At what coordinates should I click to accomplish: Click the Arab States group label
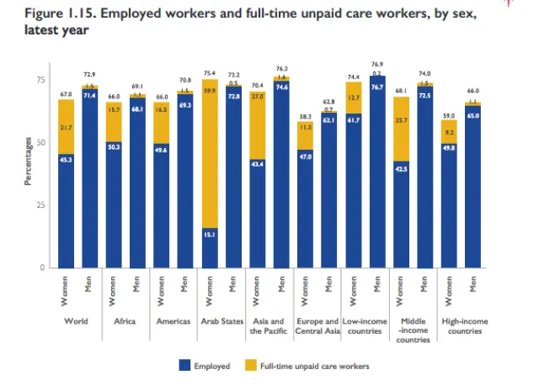pyautogui.click(x=221, y=321)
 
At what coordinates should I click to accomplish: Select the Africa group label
pyautogui.click(x=125, y=321)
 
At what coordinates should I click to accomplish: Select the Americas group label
pyautogui.click(x=173, y=321)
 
